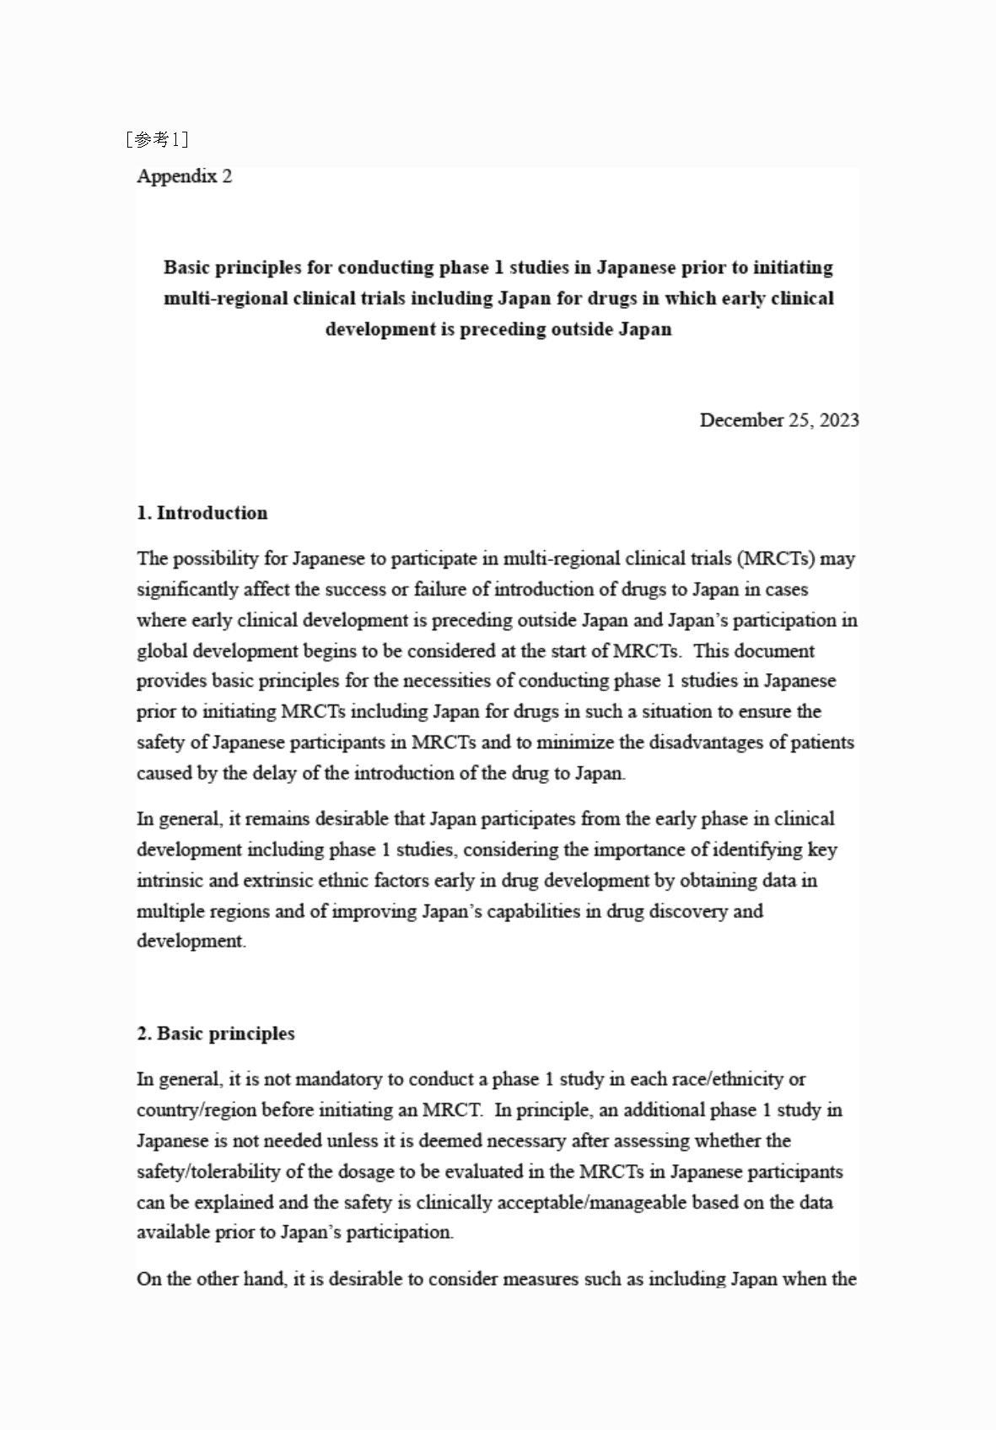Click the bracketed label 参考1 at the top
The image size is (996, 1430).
click(x=157, y=139)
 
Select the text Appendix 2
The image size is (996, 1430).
click(x=184, y=176)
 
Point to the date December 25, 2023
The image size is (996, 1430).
click(x=779, y=420)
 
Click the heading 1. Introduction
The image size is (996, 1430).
click(x=202, y=513)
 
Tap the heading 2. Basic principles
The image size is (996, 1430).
click(x=216, y=1033)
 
